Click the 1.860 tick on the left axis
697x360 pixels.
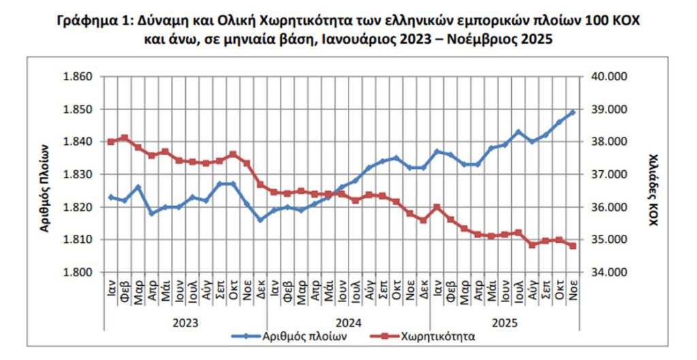point(77,76)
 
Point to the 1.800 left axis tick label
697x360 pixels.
point(77,272)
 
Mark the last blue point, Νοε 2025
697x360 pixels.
point(572,112)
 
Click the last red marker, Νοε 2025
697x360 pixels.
point(572,246)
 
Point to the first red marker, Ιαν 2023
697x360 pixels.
point(110,142)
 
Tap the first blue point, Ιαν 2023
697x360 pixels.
point(110,197)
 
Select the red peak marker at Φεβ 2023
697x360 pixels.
point(124,138)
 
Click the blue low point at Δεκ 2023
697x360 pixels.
point(260,220)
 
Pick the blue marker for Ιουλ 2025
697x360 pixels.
point(518,132)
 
